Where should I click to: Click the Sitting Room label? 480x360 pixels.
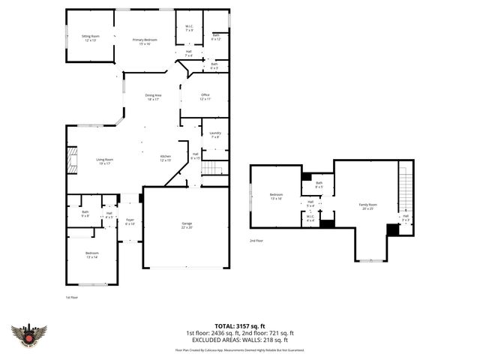point(90,37)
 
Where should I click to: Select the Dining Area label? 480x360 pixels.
point(153,97)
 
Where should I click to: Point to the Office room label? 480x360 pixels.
point(205,97)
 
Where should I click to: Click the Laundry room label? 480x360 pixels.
point(215,134)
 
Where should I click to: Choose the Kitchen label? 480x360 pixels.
point(166,157)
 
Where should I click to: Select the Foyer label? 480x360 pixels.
point(130,222)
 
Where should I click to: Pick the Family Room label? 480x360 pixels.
point(367,205)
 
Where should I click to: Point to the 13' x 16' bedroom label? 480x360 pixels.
point(275,197)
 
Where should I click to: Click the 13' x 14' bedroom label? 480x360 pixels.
point(91,255)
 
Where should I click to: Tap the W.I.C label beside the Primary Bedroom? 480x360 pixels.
point(189,28)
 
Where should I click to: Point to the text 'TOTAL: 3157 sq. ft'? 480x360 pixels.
point(240,326)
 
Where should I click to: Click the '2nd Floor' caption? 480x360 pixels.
point(257,241)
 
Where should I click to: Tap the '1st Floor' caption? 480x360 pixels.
point(73,297)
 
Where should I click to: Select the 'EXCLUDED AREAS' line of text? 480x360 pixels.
point(240,340)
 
